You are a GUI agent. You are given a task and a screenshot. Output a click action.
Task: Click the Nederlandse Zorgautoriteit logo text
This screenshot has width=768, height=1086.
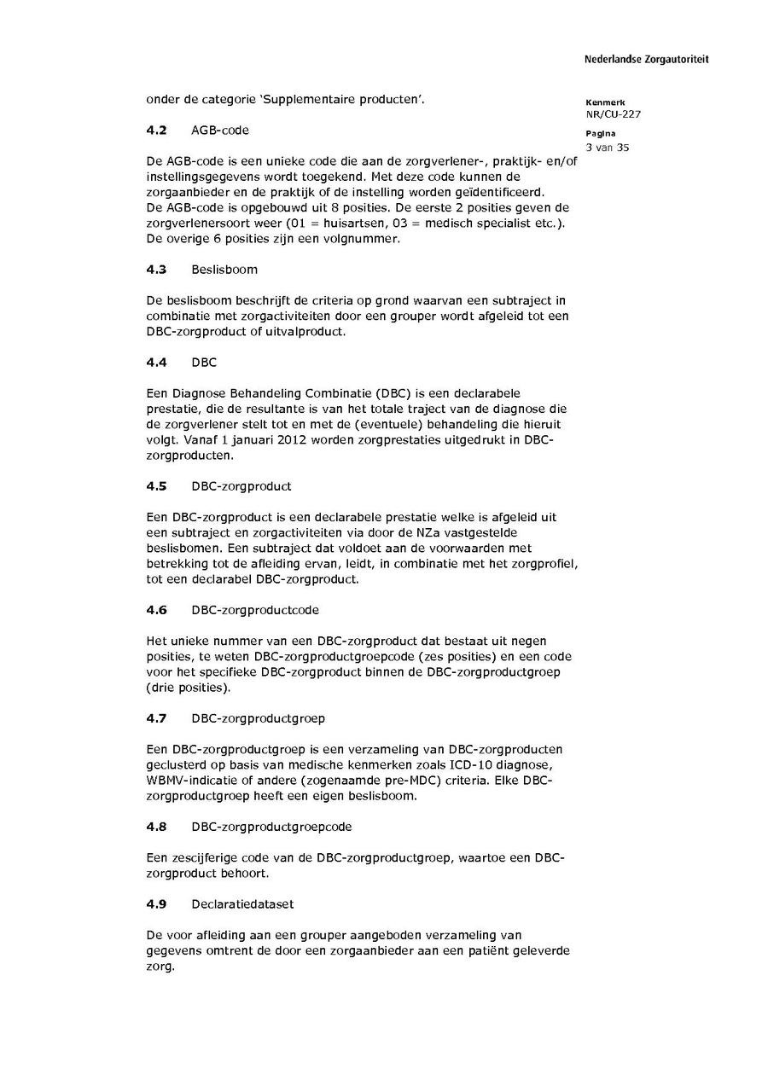[646, 60]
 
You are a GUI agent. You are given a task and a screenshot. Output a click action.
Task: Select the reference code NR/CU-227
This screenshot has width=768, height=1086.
[614, 114]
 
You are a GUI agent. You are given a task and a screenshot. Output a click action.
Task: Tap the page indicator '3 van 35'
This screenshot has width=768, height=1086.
[608, 148]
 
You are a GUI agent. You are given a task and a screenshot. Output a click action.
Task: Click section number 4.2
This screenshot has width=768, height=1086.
[156, 131]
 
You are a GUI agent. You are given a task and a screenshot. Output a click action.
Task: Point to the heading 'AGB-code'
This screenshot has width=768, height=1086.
[220, 131]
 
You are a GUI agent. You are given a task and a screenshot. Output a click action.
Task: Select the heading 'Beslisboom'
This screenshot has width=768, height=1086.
[224, 270]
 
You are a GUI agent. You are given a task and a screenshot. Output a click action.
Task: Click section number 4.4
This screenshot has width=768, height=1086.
[156, 363]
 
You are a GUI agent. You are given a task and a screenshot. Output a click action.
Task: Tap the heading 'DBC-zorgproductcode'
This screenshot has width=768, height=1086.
[255, 610]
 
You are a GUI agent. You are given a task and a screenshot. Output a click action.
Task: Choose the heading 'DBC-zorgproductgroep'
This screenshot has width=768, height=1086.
[259, 718]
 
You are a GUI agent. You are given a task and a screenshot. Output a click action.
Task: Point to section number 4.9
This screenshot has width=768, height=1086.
[156, 903]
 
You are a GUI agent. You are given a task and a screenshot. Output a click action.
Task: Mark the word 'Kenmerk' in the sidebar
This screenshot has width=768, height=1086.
[605, 102]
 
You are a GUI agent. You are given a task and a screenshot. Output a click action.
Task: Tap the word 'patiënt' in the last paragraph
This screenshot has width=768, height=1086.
[465, 950]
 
